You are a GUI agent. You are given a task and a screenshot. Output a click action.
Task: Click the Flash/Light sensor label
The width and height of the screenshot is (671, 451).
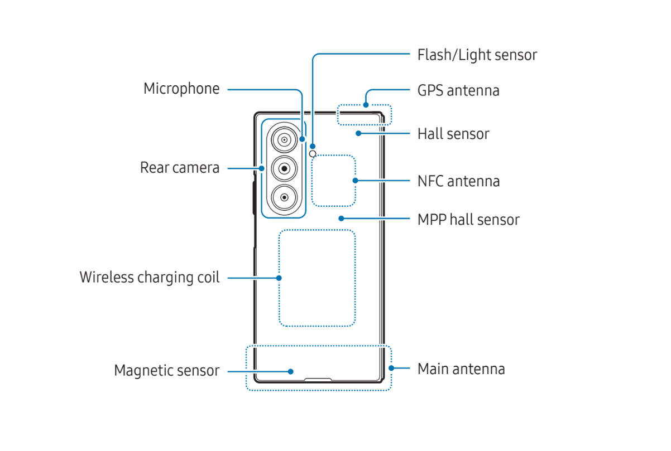click(477, 55)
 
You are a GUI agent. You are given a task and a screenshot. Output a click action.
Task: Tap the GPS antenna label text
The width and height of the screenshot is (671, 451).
click(458, 90)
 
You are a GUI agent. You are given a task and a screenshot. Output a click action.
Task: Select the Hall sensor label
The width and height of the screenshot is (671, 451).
click(453, 134)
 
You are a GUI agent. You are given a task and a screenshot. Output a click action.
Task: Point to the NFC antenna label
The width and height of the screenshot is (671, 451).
click(458, 181)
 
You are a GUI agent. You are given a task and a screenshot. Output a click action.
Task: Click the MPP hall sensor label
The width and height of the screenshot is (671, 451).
click(468, 220)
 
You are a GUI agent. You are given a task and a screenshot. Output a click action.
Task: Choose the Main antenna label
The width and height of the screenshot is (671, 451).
click(461, 368)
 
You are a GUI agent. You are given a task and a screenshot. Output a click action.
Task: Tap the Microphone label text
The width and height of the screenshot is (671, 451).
click(181, 89)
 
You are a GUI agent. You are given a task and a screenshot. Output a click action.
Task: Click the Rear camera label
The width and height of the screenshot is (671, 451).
click(180, 168)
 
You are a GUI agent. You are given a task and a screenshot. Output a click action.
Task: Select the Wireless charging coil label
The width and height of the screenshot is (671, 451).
click(150, 277)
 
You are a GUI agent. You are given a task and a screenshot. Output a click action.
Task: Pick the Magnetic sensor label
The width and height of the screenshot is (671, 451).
click(166, 371)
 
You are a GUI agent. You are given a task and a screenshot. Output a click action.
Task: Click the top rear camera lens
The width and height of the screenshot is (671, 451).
click(284, 139)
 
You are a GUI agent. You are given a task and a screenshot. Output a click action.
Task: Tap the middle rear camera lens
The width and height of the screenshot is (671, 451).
click(284, 168)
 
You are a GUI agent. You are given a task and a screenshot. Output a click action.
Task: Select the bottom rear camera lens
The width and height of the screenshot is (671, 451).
click(284, 197)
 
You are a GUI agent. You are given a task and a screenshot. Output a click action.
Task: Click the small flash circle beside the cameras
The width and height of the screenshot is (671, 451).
click(313, 154)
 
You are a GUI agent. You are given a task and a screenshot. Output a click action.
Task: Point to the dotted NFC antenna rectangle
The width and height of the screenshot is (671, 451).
click(333, 181)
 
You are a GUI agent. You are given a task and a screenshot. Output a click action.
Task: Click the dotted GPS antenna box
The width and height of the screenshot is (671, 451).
click(365, 114)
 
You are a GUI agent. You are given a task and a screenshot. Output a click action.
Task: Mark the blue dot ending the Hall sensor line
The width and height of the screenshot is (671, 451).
click(358, 134)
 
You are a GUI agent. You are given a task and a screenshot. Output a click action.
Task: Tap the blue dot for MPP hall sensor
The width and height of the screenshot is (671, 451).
click(340, 220)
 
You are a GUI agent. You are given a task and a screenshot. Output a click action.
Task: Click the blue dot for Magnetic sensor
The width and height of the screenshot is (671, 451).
click(290, 371)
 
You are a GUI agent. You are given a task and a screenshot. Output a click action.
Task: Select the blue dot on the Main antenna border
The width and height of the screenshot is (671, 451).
click(391, 368)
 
